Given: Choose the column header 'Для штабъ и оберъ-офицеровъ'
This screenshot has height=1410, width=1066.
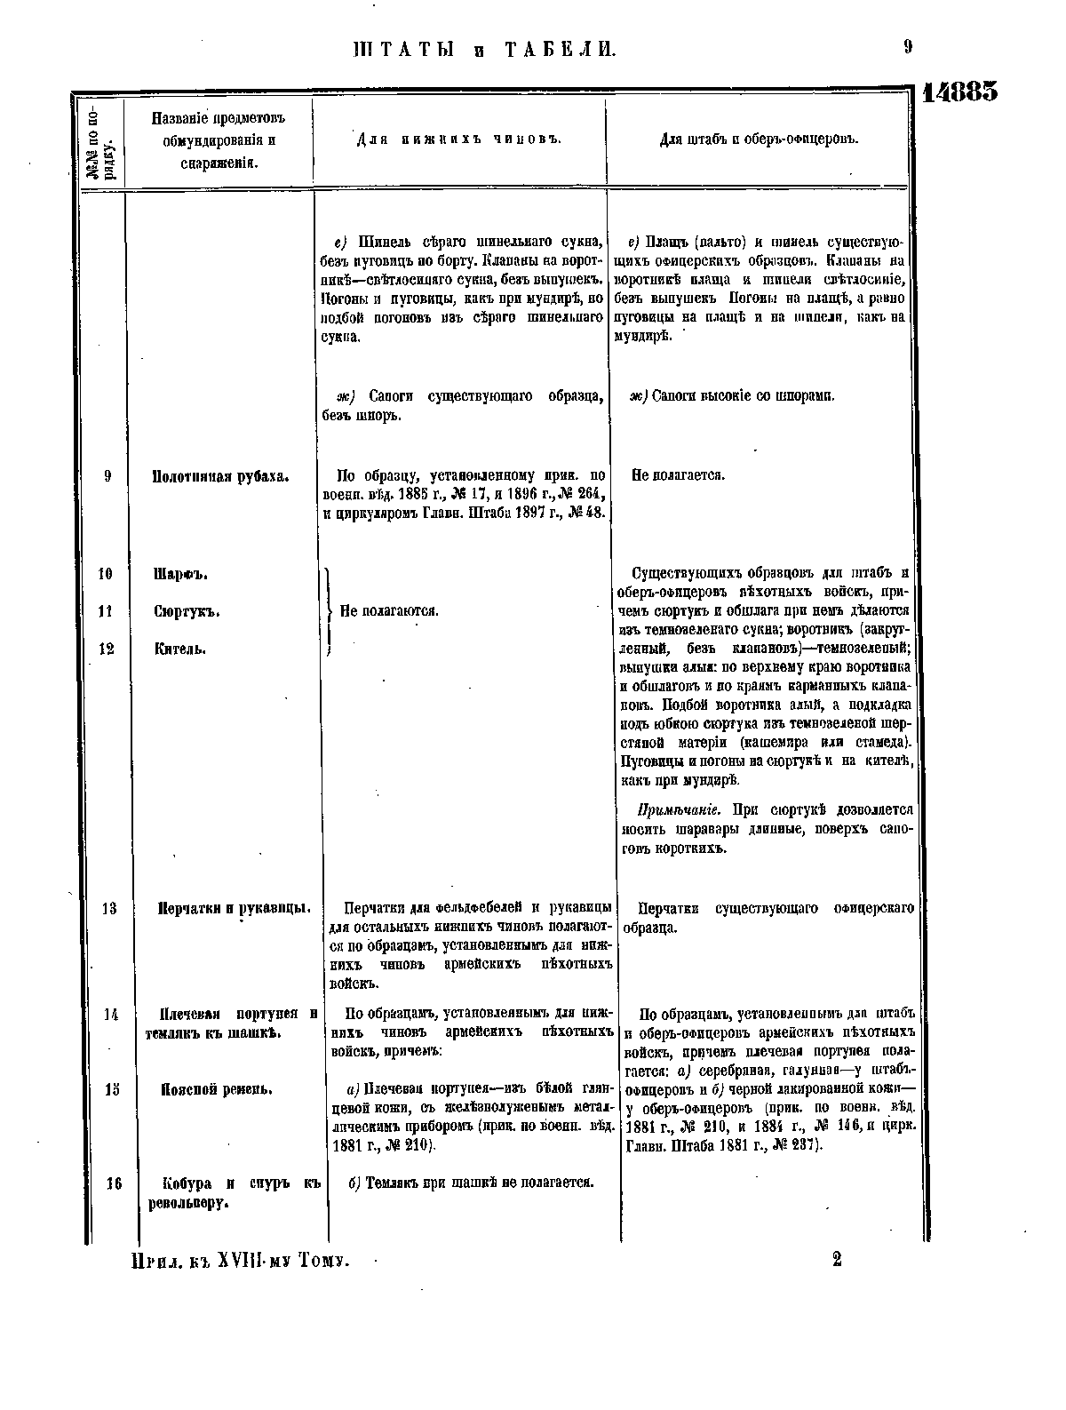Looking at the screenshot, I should (759, 139).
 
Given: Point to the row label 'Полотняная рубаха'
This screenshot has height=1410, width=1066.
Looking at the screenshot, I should (221, 476).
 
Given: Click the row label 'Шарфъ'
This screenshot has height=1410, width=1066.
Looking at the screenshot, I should (181, 574).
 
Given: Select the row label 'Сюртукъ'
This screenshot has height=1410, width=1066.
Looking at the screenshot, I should (187, 611).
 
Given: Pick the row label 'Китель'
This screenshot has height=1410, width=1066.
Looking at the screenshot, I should (181, 649).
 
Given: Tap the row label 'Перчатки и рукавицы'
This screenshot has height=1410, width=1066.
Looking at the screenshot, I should (234, 909).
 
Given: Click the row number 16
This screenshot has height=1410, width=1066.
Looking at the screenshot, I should (112, 1183).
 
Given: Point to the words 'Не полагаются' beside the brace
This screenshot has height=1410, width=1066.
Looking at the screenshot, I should (389, 611).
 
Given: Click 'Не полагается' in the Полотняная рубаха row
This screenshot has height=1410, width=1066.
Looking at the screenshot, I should (678, 475).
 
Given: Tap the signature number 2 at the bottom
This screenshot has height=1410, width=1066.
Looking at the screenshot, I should (837, 1259).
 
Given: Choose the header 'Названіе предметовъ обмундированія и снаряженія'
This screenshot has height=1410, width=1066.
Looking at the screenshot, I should (219, 140).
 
